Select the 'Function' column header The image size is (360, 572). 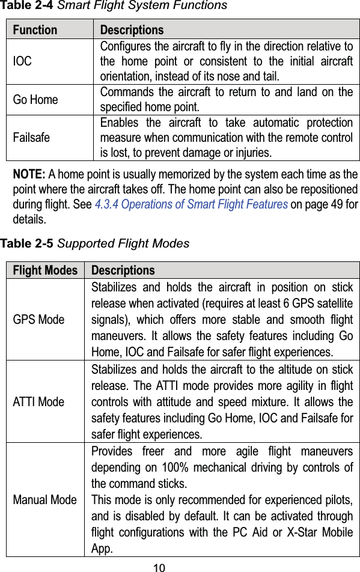(x=35, y=30)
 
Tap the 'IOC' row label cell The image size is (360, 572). (x=23, y=62)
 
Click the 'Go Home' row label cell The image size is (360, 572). (x=35, y=100)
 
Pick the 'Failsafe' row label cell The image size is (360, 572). (x=32, y=138)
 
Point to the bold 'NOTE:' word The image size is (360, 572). (x=29, y=175)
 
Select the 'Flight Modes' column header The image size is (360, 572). (x=45, y=270)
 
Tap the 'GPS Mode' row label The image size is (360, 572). (x=38, y=320)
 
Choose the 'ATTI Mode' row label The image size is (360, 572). (x=38, y=402)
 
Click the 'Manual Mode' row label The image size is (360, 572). (x=45, y=500)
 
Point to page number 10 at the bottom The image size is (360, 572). (x=159, y=567)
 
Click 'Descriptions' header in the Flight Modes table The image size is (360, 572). (x=123, y=270)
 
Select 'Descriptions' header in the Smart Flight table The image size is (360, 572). (x=132, y=30)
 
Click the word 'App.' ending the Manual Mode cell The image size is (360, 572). (x=102, y=549)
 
